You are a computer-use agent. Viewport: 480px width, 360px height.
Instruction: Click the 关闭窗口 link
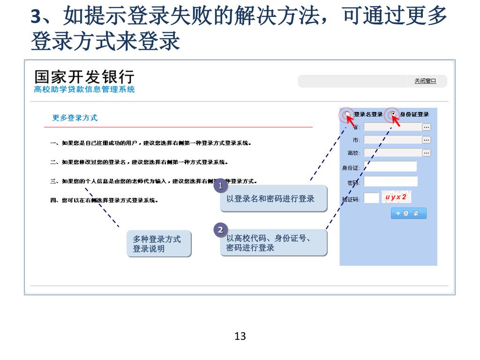pyautogui.click(x=425, y=81)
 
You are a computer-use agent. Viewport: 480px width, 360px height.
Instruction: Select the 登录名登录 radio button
pyautogui.click(x=347, y=114)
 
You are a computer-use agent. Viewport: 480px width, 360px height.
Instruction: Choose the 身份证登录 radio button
pyautogui.click(x=393, y=114)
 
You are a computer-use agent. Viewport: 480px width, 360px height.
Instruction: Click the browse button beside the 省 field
pyautogui.click(x=426, y=127)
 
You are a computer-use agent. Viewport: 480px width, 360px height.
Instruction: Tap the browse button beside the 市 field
pyautogui.click(x=426, y=140)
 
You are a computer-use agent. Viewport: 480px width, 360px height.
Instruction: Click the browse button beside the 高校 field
pyautogui.click(x=426, y=153)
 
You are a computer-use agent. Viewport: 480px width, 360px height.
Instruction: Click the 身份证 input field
pyautogui.click(x=390, y=167)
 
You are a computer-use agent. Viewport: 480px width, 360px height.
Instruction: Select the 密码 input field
pyautogui.click(x=390, y=181)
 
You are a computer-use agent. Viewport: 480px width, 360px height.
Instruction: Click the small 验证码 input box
pyautogui.click(x=371, y=198)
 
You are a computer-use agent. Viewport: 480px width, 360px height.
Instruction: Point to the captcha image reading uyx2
pyautogui.click(x=396, y=197)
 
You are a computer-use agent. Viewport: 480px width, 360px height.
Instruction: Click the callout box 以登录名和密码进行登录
pyautogui.click(x=273, y=199)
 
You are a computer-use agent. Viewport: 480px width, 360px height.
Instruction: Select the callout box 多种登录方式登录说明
pyautogui.click(x=158, y=244)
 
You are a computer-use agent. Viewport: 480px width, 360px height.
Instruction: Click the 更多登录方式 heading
pyautogui.click(x=75, y=118)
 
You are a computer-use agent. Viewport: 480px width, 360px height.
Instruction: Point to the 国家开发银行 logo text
pyautogui.click(x=84, y=77)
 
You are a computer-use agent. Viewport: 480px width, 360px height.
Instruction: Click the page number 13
pyautogui.click(x=240, y=336)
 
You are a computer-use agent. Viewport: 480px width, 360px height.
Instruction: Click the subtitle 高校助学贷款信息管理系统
pyautogui.click(x=84, y=90)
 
